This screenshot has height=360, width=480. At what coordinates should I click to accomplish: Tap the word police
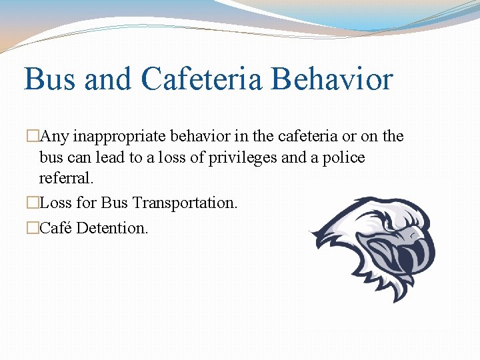coord(342,158)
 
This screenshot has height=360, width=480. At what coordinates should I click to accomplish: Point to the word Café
coord(56,228)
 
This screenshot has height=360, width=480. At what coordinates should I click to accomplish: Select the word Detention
coord(112,228)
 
